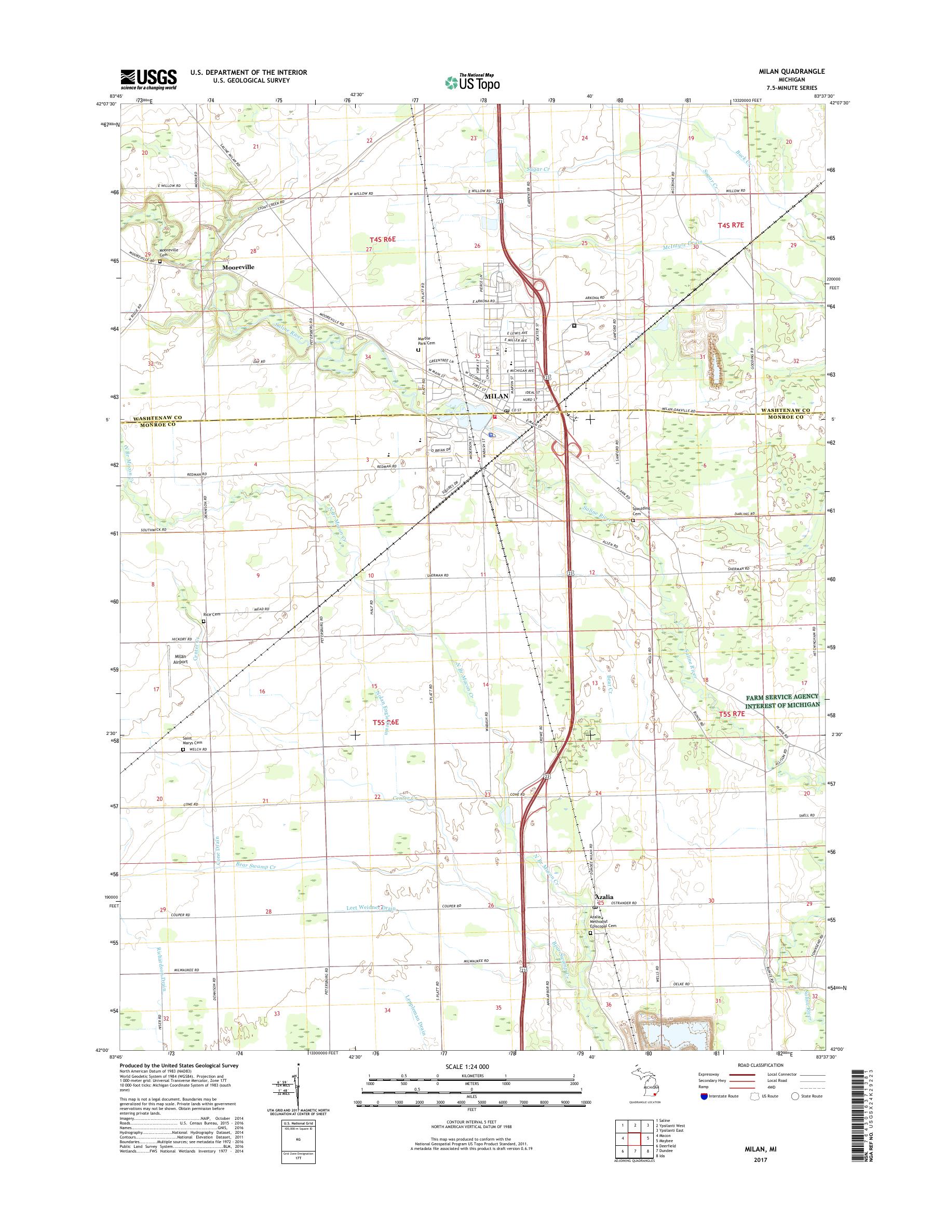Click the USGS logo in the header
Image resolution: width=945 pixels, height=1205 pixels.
click(148, 78)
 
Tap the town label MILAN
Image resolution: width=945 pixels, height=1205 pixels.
click(496, 397)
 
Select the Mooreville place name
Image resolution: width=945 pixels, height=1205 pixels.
click(238, 267)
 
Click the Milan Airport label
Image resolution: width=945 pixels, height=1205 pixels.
click(181, 659)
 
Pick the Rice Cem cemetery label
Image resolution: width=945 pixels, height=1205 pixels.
click(212, 614)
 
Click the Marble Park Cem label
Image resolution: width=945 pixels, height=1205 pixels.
click(427, 341)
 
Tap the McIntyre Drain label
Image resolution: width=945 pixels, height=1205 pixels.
click(682, 247)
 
